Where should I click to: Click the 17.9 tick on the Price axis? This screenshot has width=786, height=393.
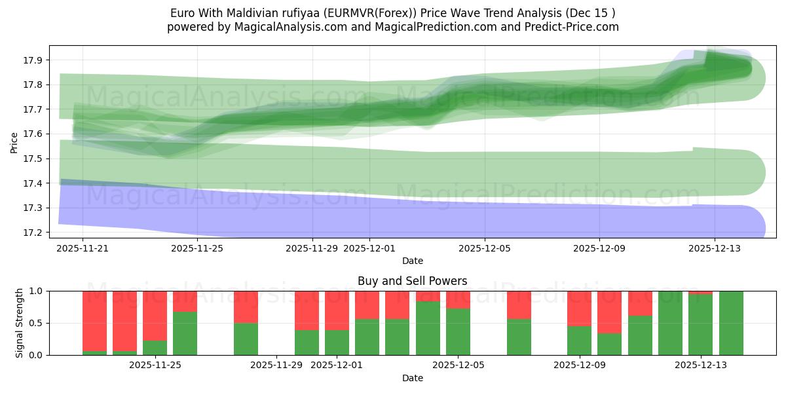33,60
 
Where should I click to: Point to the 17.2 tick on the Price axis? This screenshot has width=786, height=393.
33,233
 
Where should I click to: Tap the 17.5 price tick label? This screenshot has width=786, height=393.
33,159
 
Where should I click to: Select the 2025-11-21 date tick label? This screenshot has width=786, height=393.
83,248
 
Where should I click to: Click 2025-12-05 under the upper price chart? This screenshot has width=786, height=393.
485,248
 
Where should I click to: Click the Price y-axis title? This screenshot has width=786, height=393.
14,141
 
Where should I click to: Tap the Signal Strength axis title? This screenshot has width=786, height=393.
20,322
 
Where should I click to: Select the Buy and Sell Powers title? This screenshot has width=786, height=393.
412,281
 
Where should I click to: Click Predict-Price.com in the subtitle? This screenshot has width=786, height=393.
573,27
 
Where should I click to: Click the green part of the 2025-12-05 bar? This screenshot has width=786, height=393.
458,332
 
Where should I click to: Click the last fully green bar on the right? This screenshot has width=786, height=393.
731,323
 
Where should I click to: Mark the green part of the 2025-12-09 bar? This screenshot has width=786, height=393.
579,341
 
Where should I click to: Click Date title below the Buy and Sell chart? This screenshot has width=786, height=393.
412,378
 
